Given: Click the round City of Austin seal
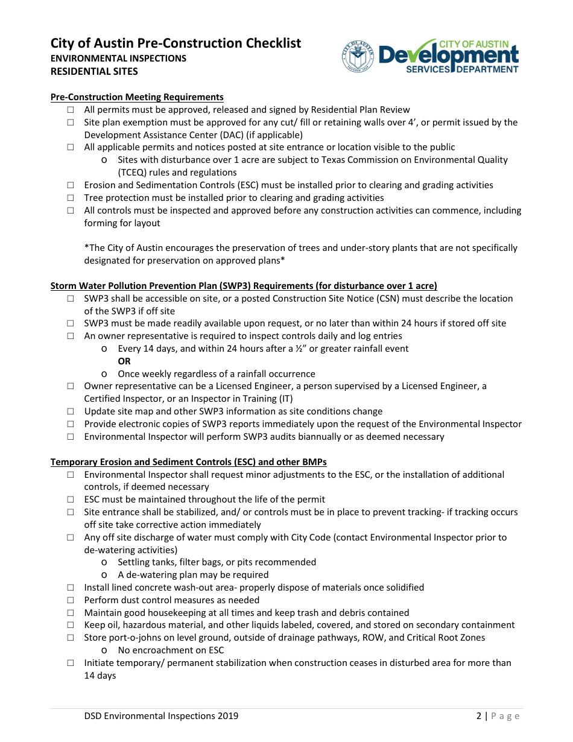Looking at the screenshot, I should [x=358, y=57].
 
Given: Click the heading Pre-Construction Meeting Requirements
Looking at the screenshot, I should [x=137, y=97].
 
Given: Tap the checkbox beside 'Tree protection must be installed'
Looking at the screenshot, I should [x=71, y=198].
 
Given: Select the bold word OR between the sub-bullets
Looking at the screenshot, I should [x=124, y=361].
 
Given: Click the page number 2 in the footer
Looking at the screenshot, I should [x=479, y=716].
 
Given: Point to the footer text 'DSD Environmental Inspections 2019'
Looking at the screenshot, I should [x=161, y=716].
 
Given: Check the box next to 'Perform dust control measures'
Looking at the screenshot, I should [x=71, y=600].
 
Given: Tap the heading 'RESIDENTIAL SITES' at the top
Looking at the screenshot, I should [x=94, y=71].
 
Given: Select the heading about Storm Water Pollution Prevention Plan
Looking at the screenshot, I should [x=244, y=286].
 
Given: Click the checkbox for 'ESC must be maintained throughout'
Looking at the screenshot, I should [x=71, y=499].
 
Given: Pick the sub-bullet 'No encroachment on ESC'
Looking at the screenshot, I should [x=171, y=650].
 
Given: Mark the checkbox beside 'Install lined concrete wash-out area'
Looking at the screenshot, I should [x=71, y=588].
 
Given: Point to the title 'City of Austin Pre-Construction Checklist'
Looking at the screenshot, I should [x=176, y=43].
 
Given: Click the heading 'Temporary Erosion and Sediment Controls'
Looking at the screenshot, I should [x=188, y=462].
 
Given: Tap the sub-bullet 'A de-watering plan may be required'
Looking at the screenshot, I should [x=193, y=575].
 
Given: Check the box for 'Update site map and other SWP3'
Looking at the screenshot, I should [x=71, y=411].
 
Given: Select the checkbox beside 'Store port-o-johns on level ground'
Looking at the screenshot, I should [x=71, y=638].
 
